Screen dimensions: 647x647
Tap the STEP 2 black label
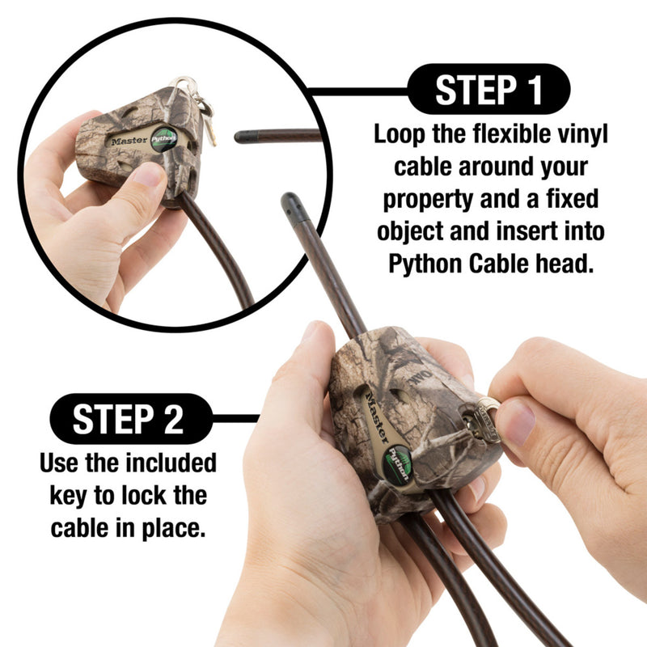tap(130, 419)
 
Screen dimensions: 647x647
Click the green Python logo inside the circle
tap(163, 140)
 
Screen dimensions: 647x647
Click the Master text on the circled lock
tap(129, 139)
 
